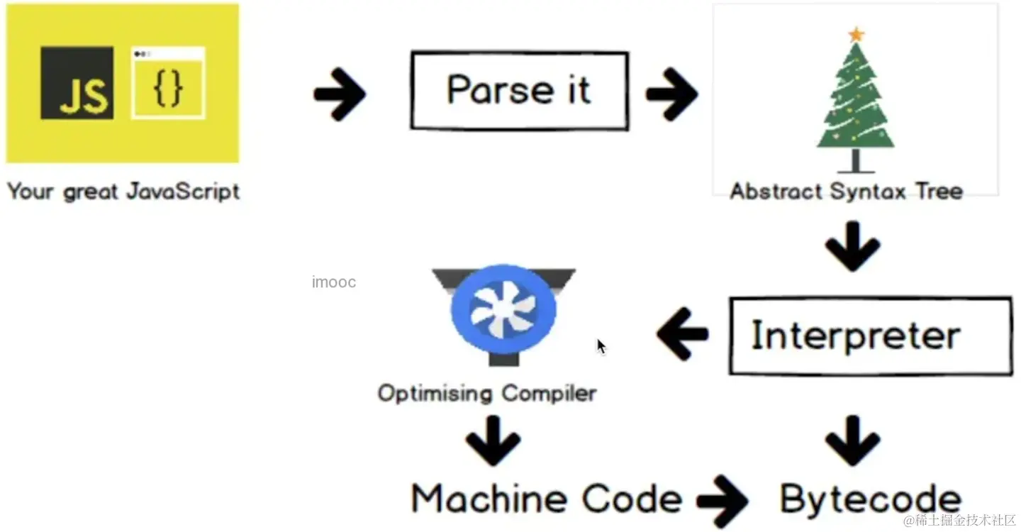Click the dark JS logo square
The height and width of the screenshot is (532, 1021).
click(77, 82)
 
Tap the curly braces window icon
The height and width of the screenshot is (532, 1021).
click(168, 82)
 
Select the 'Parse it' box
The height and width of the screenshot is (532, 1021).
click(519, 91)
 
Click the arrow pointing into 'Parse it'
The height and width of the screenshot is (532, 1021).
click(339, 93)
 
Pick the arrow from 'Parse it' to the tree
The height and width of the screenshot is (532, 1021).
click(671, 93)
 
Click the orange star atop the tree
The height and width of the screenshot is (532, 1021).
click(857, 33)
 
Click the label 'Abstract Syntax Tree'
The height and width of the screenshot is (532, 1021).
click(846, 192)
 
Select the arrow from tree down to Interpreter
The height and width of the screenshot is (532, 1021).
click(852, 245)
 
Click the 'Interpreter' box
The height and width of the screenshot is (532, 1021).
click(870, 336)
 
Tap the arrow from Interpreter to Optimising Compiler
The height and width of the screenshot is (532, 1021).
click(682, 332)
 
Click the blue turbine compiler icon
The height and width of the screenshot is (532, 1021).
click(503, 309)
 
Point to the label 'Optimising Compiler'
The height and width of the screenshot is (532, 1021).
click(486, 393)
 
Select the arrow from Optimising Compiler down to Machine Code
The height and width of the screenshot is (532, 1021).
click(493, 440)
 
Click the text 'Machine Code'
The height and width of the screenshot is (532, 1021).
click(547, 499)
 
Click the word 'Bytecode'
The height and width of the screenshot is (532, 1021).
click(871, 499)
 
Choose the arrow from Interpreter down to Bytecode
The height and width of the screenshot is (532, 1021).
click(852, 440)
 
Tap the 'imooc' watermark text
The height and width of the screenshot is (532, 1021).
click(333, 282)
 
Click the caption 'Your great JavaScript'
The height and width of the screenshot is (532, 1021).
click(123, 192)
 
